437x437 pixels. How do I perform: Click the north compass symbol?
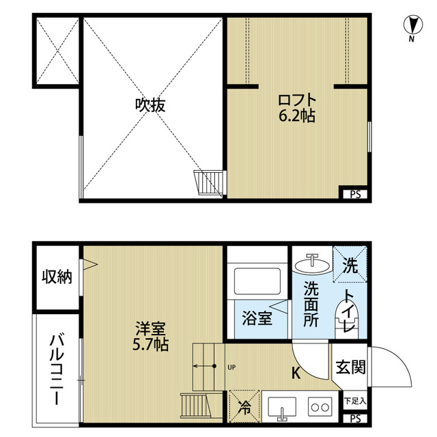(x=413, y=28)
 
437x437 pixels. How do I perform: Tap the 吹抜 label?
(x=150, y=105)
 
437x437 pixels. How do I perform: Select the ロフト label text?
(x=297, y=100)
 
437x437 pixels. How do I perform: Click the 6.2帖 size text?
(x=297, y=115)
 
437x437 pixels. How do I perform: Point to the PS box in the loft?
(x=355, y=194)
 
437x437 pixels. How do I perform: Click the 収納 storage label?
(x=57, y=277)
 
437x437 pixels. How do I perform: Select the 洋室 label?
(x=150, y=328)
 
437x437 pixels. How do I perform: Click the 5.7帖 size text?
(x=150, y=344)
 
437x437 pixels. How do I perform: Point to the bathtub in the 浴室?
(x=257, y=281)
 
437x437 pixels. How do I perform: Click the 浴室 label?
(x=257, y=318)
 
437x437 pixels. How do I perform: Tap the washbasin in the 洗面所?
(x=312, y=265)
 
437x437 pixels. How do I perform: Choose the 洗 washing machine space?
(x=350, y=264)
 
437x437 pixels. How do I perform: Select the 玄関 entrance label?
(x=351, y=367)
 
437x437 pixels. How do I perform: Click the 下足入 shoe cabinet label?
(x=355, y=401)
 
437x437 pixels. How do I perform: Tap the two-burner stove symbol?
(x=320, y=408)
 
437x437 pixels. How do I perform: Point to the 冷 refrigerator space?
(x=244, y=406)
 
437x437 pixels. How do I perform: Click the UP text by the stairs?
(x=231, y=367)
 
